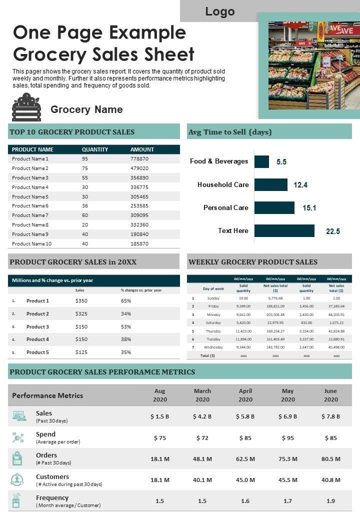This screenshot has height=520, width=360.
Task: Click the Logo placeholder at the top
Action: point(219,11)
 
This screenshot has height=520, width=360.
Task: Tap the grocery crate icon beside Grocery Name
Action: point(26,107)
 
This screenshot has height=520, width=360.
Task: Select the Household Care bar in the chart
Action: point(271,184)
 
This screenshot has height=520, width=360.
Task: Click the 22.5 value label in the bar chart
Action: point(333,231)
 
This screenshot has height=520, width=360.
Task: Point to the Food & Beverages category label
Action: point(219,161)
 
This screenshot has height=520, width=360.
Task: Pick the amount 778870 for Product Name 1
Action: point(139,158)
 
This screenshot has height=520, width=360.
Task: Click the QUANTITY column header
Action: point(95,149)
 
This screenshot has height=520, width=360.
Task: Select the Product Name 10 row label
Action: point(32,243)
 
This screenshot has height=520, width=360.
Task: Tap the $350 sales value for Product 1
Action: point(81,300)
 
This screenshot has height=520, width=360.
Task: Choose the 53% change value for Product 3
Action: point(126,326)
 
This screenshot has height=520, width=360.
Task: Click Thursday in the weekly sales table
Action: point(213,331)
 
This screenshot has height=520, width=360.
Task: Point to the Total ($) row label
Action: point(207,355)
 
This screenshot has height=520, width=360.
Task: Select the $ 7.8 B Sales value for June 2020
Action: point(330,416)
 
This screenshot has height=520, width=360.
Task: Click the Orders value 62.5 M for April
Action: point(245,458)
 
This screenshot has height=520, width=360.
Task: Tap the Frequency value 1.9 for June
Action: point(330,500)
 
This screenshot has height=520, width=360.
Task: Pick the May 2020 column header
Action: point(288,395)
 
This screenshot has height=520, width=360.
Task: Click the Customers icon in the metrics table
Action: point(17,479)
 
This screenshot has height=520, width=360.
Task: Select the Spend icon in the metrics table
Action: point(18,437)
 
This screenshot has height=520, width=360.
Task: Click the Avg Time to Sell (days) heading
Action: point(230,132)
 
